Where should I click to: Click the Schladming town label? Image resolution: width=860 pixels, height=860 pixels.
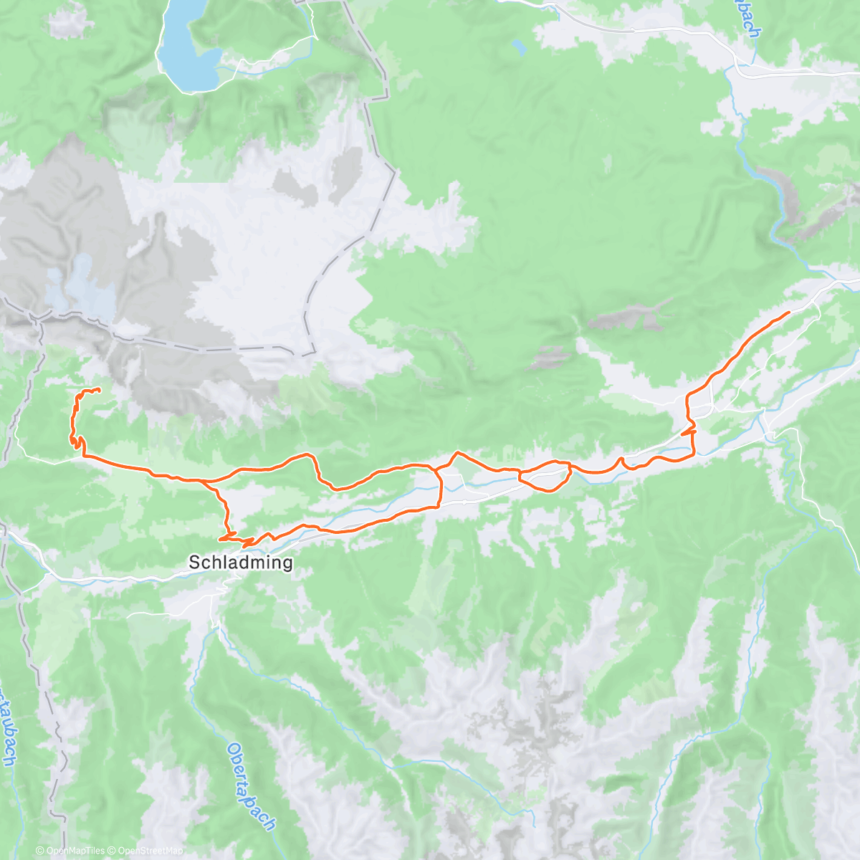240,563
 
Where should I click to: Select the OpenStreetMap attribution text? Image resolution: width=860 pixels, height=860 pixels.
150,851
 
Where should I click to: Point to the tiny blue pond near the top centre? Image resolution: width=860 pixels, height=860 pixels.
517,48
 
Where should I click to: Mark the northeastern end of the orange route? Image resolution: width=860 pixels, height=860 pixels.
789,312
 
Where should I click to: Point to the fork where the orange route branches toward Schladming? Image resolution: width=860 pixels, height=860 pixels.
208,481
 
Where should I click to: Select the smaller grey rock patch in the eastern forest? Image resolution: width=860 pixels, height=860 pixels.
550,355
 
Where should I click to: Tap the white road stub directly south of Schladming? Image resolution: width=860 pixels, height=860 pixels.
215,616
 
